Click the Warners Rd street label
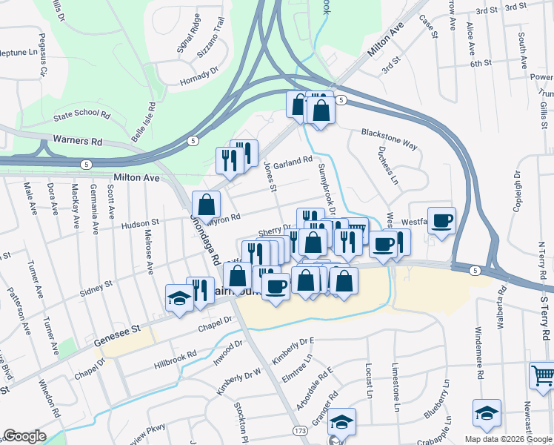tap(77, 139)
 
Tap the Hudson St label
tap(140, 222)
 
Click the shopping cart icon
tap(542, 375)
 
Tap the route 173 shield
tap(300, 430)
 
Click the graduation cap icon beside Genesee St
tap(178, 298)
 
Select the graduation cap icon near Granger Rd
tap(342, 421)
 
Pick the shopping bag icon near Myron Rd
tap(206, 204)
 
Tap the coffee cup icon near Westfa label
tap(442, 220)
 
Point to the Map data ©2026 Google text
tap(507, 439)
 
